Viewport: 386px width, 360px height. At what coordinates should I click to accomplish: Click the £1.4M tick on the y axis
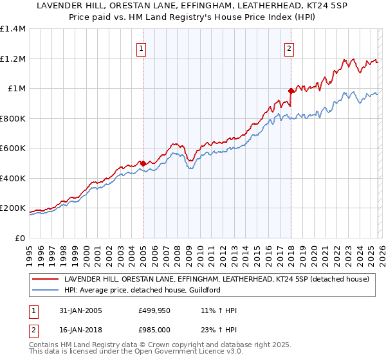click(x=13, y=29)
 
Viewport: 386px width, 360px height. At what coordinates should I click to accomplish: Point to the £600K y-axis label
click(x=13, y=148)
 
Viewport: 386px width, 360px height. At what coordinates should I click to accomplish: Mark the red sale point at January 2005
click(x=143, y=163)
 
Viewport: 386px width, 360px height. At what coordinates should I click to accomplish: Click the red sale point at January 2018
click(x=291, y=91)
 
